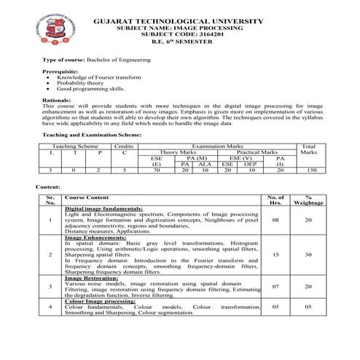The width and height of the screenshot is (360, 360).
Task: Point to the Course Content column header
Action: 87,197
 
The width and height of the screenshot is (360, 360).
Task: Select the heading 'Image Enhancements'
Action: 92,238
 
